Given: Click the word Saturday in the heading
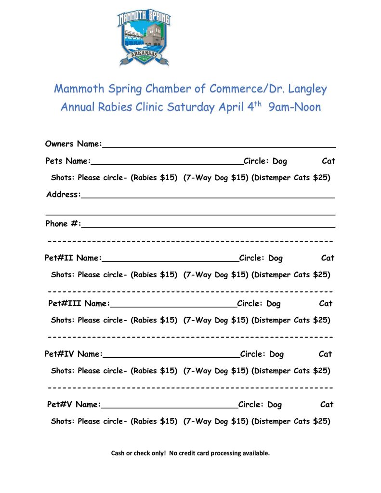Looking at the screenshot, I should tap(192, 107).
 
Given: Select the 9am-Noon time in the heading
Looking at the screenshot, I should tap(294, 107).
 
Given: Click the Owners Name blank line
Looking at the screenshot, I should tap(219, 143).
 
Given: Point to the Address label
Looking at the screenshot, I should tap(63, 195).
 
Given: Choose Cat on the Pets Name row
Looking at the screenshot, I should tap(328, 161).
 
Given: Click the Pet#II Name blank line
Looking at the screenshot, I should tap(171, 258).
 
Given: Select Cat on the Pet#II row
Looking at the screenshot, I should tap(328, 258).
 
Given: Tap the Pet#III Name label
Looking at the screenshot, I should tap(79, 304).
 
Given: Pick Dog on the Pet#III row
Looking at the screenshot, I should tap(273, 304).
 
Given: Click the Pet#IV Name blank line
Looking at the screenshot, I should tap(171, 354).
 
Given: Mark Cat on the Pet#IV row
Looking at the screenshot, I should tap(325, 354).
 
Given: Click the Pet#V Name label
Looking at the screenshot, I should tap(74, 405).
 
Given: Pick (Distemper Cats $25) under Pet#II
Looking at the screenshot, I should tap(291, 275).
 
